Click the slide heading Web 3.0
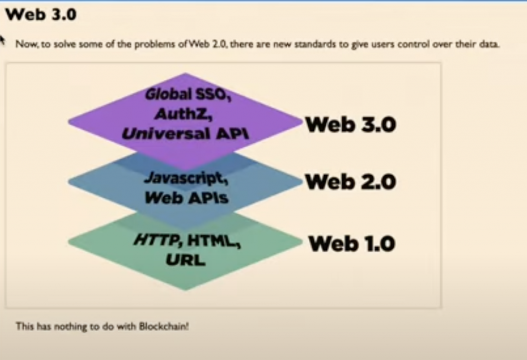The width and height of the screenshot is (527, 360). (x=41, y=14)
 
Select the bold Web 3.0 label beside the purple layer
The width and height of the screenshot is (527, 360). (x=350, y=125)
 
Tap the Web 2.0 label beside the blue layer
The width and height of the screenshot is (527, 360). (x=350, y=182)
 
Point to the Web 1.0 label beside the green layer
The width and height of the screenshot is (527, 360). (x=352, y=243)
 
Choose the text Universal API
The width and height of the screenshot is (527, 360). (x=185, y=133)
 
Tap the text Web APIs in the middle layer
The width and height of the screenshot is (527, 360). (x=186, y=197)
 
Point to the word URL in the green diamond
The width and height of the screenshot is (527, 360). (x=185, y=260)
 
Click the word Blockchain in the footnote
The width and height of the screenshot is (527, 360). (x=164, y=326)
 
